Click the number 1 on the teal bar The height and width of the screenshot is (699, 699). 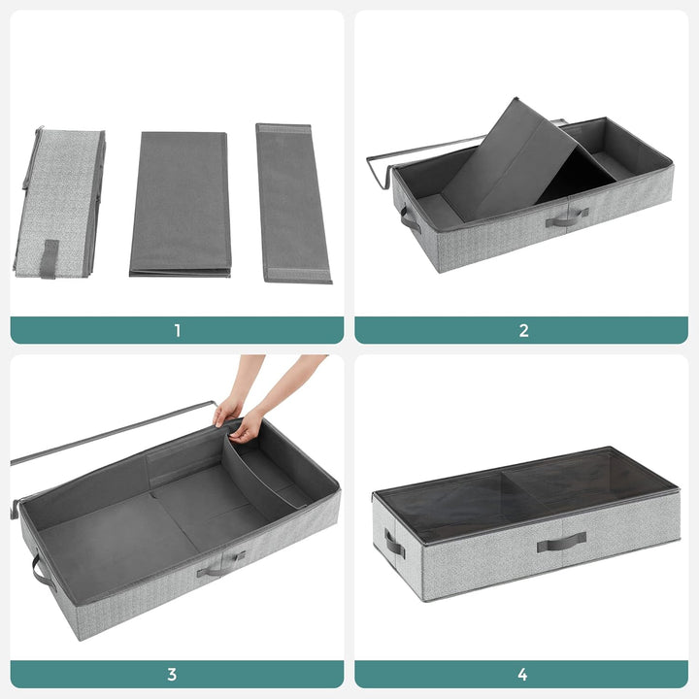(x=177, y=330)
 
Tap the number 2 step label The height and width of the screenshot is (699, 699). (x=523, y=330)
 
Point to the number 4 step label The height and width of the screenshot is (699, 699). (x=523, y=674)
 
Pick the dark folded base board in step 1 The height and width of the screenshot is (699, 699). (x=180, y=204)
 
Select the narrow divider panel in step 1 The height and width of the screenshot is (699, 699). (x=291, y=204)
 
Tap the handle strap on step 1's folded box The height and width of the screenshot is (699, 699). (x=49, y=258)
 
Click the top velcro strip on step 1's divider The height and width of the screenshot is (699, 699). (x=283, y=128)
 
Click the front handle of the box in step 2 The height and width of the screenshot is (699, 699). (x=567, y=218)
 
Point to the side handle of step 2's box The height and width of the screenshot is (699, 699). (x=409, y=219)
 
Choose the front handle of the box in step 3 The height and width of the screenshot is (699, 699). (x=220, y=565)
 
